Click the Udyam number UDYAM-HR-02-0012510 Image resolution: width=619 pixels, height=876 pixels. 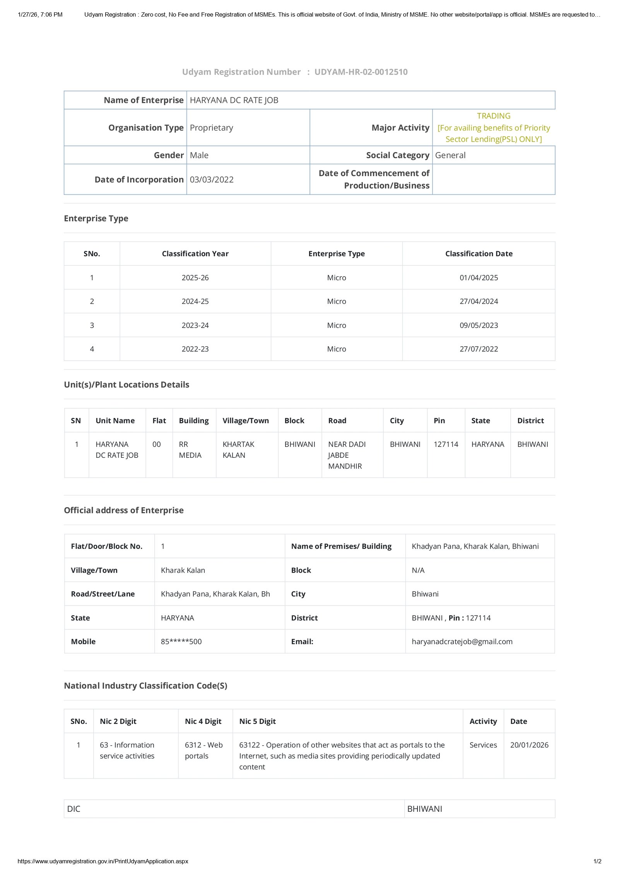point(361,72)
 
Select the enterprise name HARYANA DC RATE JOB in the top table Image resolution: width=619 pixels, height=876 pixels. point(234,100)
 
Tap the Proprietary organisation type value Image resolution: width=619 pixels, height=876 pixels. point(211,128)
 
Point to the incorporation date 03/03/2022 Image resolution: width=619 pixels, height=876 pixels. point(212,180)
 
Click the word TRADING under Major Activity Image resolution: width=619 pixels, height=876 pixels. point(493,116)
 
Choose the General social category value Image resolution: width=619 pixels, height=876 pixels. point(450,155)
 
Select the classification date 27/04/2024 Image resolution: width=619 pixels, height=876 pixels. point(479,301)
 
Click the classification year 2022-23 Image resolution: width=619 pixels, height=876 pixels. point(195,349)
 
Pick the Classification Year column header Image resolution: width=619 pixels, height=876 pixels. point(195,254)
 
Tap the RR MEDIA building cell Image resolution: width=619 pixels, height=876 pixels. point(190,450)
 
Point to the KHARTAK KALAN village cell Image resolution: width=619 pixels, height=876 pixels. point(238,450)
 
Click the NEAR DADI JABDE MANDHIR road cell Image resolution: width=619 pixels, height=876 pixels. point(347,455)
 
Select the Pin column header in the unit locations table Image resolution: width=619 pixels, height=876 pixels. point(439,421)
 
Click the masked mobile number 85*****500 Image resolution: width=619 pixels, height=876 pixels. point(181,642)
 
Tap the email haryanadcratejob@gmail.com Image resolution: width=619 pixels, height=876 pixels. point(462,642)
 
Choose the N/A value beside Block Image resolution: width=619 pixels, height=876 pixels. point(418,570)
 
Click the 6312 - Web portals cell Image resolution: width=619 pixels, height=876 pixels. point(203,750)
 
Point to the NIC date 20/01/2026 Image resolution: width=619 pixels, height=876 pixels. point(529,745)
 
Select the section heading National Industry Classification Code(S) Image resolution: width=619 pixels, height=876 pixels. point(145,686)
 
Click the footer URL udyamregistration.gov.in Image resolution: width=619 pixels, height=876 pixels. point(103,861)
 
